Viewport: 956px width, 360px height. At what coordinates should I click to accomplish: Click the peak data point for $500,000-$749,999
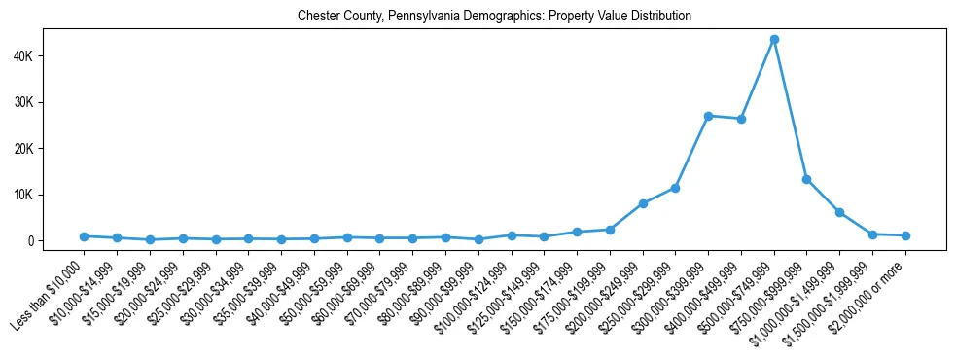pyautogui.click(x=774, y=40)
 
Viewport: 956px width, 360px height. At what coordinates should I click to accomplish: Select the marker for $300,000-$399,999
pyautogui.click(x=708, y=116)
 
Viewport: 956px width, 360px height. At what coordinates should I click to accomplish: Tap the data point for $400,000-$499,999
pyautogui.click(x=741, y=119)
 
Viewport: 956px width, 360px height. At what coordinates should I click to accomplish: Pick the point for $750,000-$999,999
pyautogui.click(x=806, y=179)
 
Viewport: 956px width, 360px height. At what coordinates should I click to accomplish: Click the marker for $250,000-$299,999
pyautogui.click(x=675, y=188)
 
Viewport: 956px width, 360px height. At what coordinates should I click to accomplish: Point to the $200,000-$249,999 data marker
pyautogui.click(x=643, y=203)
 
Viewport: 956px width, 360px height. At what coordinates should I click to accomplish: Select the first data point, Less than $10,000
pyautogui.click(x=85, y=236)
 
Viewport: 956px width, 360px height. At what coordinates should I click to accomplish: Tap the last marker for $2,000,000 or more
pyautogui.click(x=905, y=235)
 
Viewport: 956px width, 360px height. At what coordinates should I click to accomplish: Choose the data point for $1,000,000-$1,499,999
pyautogui.click(x=839, y=212)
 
